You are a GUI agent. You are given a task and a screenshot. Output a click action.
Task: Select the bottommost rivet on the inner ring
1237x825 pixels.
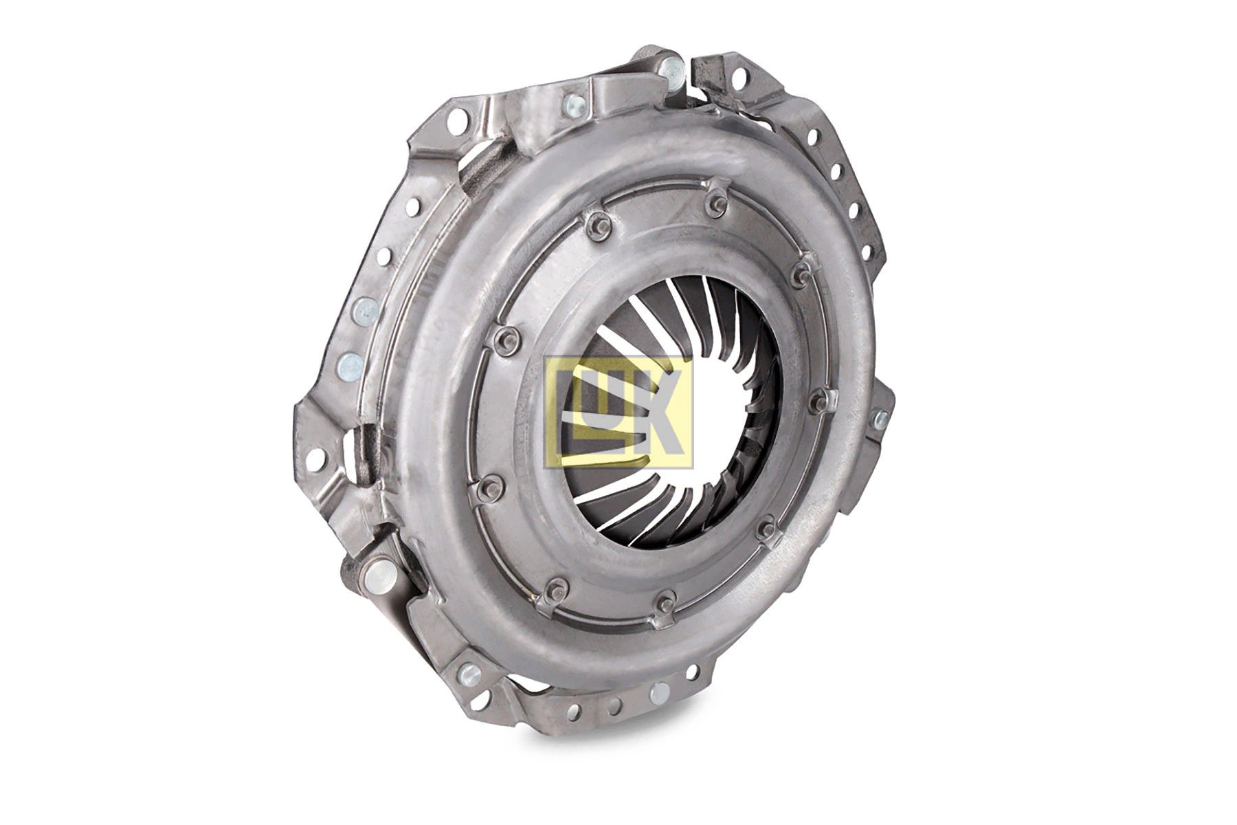[665, 604]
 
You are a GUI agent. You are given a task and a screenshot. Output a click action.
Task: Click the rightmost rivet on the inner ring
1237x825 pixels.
[818, 400]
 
